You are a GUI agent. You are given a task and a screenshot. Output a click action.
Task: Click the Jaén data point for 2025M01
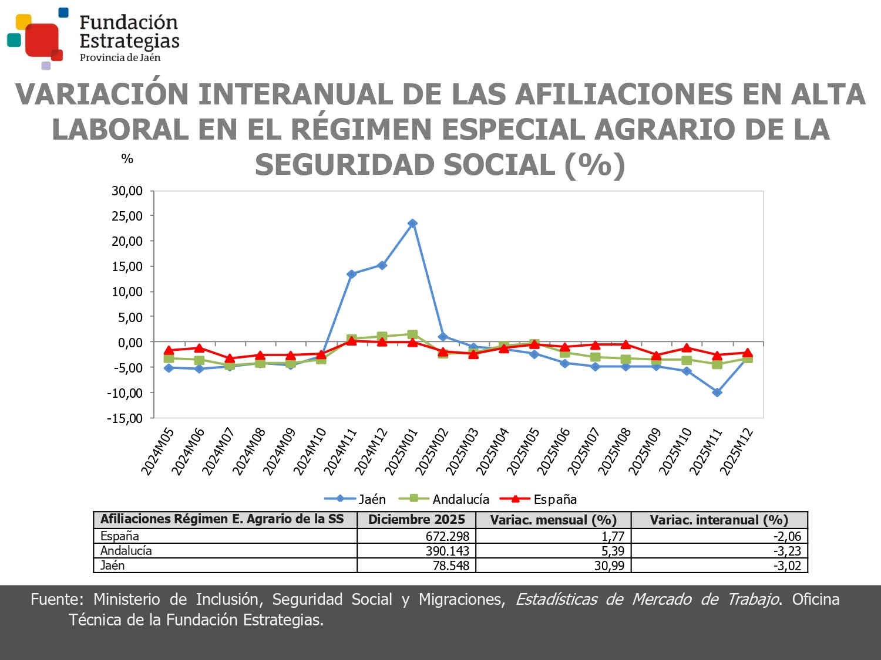pyautogui.click(x=412, y=224)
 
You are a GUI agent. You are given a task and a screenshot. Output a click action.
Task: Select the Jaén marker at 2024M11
pyautogui.click(x=351, y=274)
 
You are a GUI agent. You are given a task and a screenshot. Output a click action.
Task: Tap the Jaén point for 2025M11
pyautogui.click(x=717, y=392)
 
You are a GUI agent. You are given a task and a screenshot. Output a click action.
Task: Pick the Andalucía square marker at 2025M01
pyautogui.click(x=412, y=334)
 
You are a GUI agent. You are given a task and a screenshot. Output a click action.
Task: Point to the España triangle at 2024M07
pyautogui.click(x=230, y=358)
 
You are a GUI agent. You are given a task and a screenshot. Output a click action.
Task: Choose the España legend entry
pyautogui.click(x=538, y=499)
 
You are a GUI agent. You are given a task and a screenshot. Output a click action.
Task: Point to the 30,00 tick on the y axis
pyautogui.click(x=127, y=191)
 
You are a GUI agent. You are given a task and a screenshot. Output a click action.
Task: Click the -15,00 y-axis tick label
pyautogui.click(x=125, y=418)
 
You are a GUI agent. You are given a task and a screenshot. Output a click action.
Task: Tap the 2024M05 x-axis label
pyautogui.click(x=157, y=452)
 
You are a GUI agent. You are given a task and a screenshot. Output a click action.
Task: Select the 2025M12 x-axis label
pyautogui.click(x=737, y=452)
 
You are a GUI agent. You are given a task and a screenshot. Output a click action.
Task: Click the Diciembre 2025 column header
pyautogui.click(x=416, y=520)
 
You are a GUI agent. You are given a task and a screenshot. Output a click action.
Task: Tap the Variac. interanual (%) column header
pyautogui.click(x=719, y=520)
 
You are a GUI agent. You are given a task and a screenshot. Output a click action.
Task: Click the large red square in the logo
pyautogui.click(x=42, y=39)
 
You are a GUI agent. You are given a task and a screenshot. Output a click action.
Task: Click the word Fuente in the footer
pyautogui.click(x=56, y=600)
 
